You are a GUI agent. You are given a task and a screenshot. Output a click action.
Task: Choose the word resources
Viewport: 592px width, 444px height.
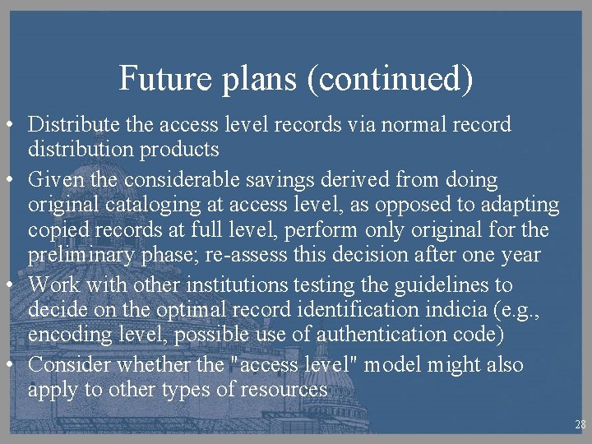[x=284, y=389]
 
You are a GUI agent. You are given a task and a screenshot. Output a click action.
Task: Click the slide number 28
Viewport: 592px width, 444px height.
[x=580, y=425]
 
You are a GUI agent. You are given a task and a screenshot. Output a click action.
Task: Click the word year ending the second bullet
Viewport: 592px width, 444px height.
[x=519, y=254]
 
